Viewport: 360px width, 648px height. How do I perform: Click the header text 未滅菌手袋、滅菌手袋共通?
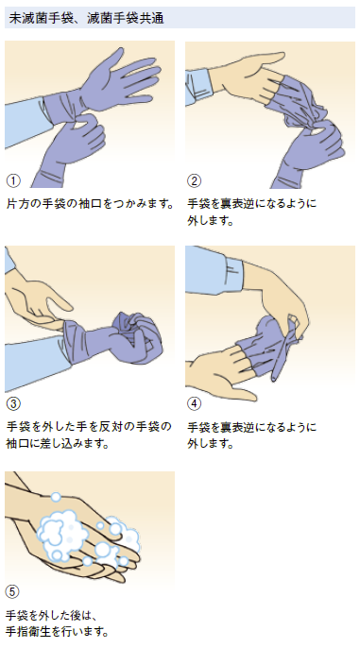[86, 18]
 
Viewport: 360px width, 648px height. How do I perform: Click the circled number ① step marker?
[13, 180]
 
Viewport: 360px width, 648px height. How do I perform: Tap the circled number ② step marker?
[194, 180]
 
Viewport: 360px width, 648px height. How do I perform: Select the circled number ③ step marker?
[13, 403]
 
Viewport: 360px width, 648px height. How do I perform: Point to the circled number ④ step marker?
[194, 403]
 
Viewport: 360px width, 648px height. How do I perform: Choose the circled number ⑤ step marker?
[12, 591]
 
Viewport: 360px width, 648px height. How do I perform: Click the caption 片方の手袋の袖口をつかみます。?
[90, 204]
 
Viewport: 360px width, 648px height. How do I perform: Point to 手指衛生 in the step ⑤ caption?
[28, 632]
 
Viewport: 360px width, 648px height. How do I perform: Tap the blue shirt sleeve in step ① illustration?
[25, 121]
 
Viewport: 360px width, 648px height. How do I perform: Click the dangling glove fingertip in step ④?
[274, 375]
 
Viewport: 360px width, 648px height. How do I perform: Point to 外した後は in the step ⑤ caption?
[62, 615]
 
